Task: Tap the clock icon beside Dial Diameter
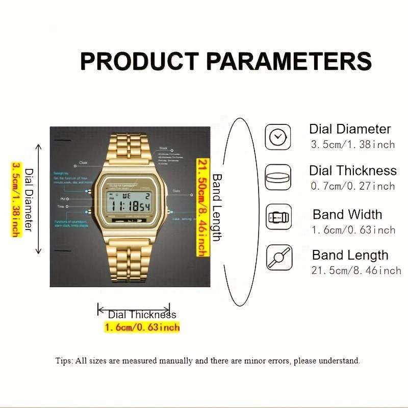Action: (278, 137)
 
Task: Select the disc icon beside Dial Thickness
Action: (278, 177)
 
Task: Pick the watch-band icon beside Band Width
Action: (278, 217)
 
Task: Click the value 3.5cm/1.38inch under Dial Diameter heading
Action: (353, 144)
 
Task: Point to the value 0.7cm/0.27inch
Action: (353, 186)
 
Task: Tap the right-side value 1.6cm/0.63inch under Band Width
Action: (353, 229)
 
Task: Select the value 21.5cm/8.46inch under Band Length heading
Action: (356, 270)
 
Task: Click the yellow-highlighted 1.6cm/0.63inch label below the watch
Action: (142, 327)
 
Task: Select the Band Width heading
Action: (347, 214)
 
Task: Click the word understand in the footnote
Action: (341, 361)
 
